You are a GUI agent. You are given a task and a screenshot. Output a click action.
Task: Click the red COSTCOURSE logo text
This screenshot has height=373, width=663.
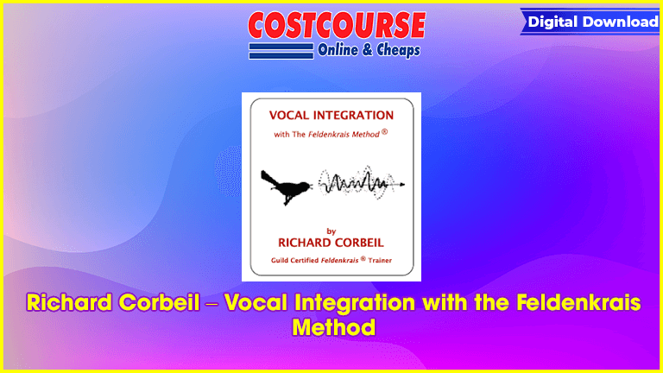[337, 25]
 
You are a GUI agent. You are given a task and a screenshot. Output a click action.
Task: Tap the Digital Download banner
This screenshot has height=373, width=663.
[591, 22]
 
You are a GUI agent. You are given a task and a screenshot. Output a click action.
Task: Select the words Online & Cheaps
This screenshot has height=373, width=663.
[369, 50]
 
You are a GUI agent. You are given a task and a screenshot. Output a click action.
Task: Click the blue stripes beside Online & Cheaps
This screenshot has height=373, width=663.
[281, 51]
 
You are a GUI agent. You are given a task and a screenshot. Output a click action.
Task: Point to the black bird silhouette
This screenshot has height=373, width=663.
[286, 187]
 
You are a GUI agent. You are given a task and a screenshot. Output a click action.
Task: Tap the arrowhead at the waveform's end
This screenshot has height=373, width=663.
[402, 185]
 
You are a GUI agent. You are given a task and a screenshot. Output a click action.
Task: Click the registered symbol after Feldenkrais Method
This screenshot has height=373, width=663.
[384, 131]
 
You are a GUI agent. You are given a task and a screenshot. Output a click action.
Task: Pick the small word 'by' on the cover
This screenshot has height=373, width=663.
[331, 231]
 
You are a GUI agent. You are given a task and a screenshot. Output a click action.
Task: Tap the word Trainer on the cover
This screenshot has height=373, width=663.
[380, 261]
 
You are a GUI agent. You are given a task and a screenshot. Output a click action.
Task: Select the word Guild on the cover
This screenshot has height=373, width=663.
[280, 261]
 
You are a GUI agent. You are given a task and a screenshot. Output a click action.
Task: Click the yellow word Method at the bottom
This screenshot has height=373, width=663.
[334, 327]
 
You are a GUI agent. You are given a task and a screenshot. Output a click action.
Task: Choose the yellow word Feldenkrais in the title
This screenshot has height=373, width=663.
[578, 303]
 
